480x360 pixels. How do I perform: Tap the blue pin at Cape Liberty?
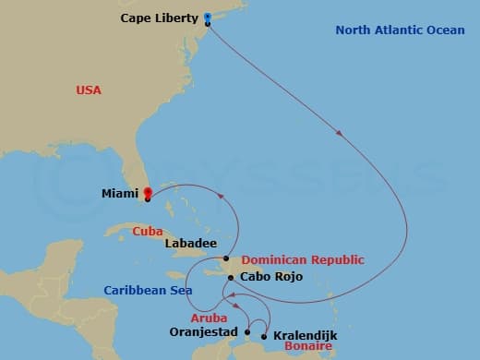tap(207, 17)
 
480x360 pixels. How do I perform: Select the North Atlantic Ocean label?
tap(400, 30)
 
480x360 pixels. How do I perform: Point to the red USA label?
tap(89, 90)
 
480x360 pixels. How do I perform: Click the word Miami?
tap(122, 194)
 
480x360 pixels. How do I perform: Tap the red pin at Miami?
tap(148, 192)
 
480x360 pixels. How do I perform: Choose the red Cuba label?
tap(148, 231)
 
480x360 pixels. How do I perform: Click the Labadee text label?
tap(191, 244)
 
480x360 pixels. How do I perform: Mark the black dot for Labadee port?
tap(226, 258)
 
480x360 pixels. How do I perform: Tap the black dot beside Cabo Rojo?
tap(231, 277)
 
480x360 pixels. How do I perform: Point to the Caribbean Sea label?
tap(148, 290)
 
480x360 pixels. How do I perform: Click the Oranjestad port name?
tap(204, 331)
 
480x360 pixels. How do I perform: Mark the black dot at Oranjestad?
tap(247, 331)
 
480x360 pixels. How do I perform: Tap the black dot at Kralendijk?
tap(265, 336)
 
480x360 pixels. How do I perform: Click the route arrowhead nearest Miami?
tap(221, 196)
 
